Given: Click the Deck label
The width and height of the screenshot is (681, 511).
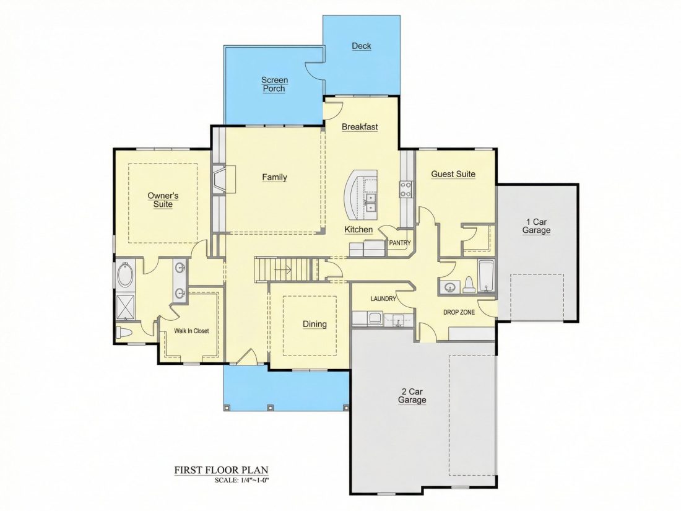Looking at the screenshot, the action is pos(362,46).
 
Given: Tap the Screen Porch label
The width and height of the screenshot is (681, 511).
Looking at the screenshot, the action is pos(274,84).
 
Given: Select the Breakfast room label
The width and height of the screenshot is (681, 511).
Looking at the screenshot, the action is pos(360,127).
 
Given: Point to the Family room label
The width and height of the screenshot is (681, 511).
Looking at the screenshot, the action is pos(274,177).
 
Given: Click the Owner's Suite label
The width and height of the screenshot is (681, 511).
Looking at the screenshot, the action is pos(163,200).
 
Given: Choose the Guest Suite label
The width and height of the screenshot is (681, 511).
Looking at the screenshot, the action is pos(453,174).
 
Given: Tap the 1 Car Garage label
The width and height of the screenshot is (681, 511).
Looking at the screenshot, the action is pos(536,226).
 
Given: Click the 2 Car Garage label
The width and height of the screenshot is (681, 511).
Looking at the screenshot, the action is pos(412,396).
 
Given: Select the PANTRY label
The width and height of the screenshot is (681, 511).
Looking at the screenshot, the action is pos(399,243).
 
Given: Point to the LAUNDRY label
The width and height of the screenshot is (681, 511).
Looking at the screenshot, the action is pos(383,299).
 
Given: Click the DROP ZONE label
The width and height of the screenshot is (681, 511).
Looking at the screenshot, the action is pos(459,312).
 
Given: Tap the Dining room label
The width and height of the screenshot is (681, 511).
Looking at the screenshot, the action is pos(315,324).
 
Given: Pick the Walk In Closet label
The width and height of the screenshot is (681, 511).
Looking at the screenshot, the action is pos(191,331).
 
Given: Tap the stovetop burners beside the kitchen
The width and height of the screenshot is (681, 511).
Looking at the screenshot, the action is pos(406,189).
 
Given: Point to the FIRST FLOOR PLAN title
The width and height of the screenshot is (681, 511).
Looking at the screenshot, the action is pos(222,470).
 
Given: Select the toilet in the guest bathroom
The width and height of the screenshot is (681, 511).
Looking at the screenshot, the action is pos(469,285).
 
